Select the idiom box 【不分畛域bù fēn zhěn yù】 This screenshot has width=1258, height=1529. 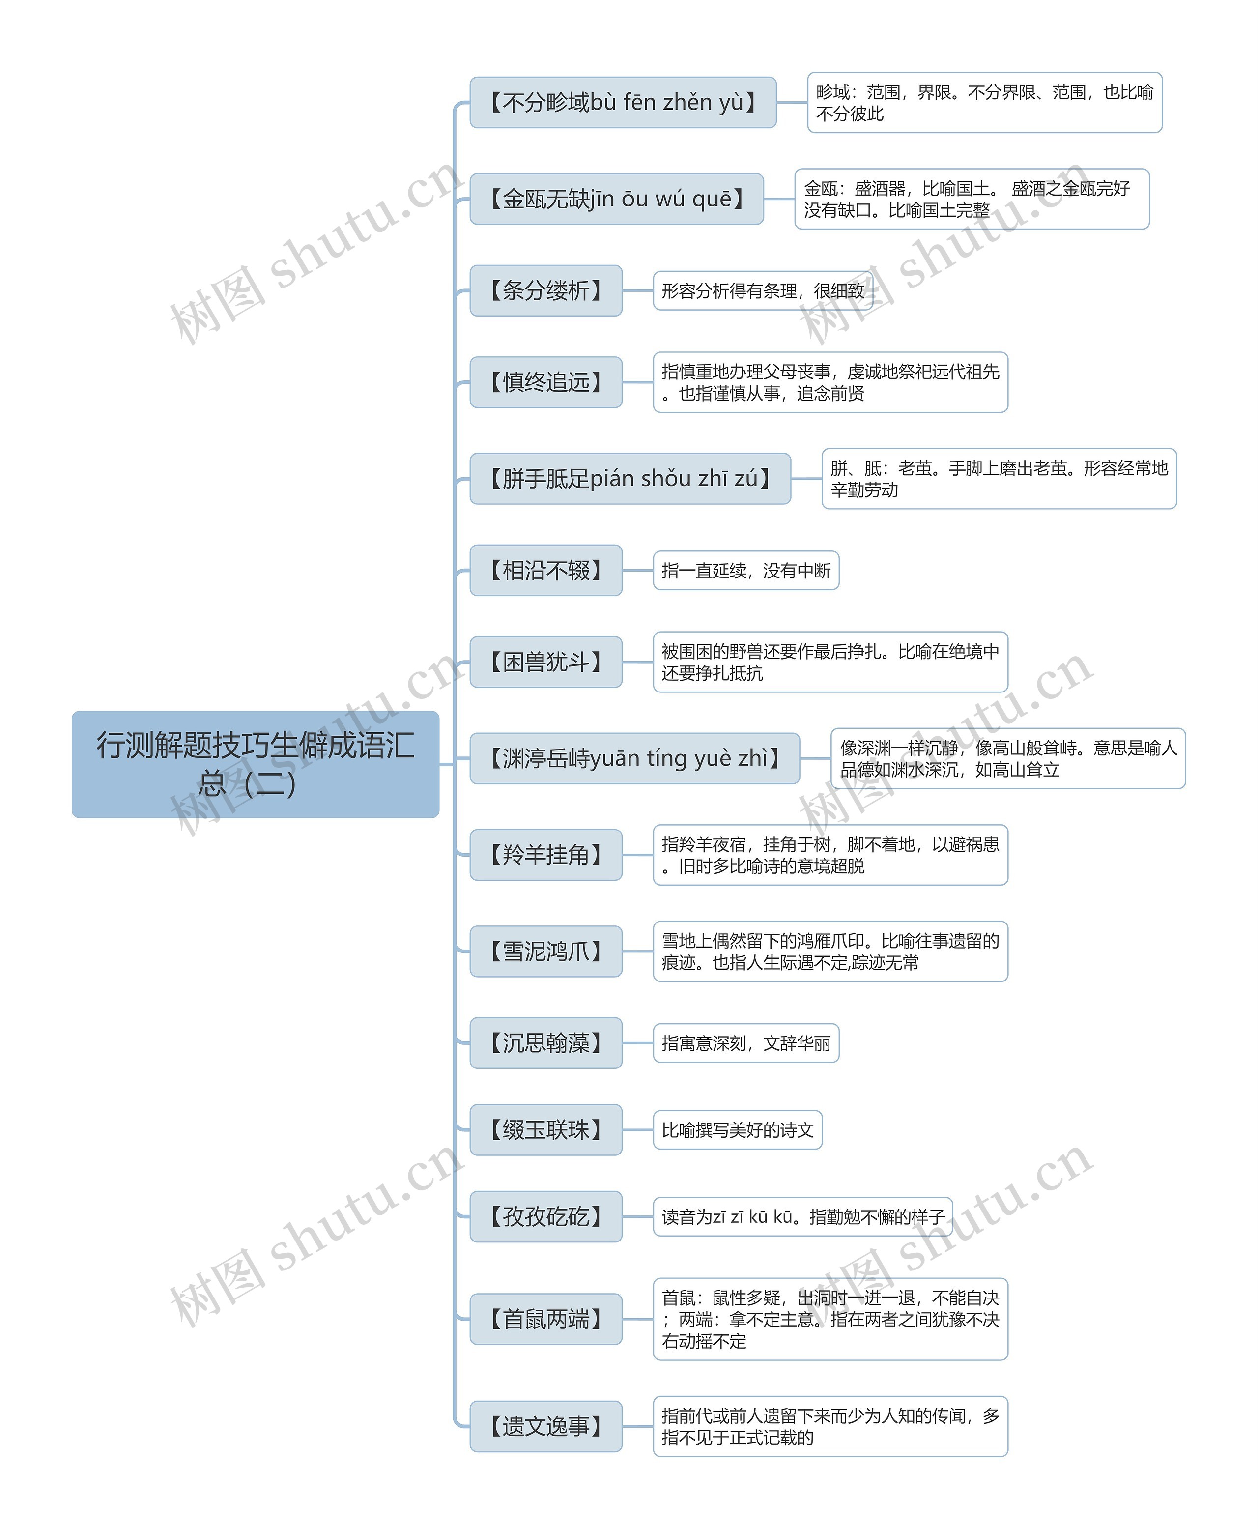pyautogui.click(x=623, y=102)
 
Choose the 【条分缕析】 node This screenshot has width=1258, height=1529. pyautogui.click(x=545, y=290)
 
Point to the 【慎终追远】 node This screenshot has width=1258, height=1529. pyautogui.click(x=545, y=382)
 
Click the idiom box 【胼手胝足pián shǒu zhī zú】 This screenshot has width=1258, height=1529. pyautogui.click(x=629, y=478)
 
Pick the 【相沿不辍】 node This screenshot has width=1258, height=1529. pyautogui.click(x=545, y=570)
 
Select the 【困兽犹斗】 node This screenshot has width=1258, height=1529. pyautogui.click(x=545, y=662)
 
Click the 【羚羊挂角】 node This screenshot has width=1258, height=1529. pyautogui.click(x=545, y=854)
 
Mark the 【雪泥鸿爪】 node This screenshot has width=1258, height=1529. pyautogui.click(x=545, y=951)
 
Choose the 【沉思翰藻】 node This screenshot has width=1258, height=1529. pyautogui.click(x=545, y=1043)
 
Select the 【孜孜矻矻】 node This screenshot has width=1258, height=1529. pyautogui.click(x=545, y=1216)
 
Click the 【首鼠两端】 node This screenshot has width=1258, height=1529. pyautogui.click(x=545, y=1319)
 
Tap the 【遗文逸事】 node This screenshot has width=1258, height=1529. pyautogui.click(x=545, y=1426)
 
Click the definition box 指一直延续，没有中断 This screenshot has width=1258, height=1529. pyautogui.click(x=745, y=570)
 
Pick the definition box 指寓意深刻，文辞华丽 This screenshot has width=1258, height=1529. pyautogui.click(x=745, y=1043)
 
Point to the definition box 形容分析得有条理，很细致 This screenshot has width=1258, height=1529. pyautogui.click(x=762, y=290)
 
